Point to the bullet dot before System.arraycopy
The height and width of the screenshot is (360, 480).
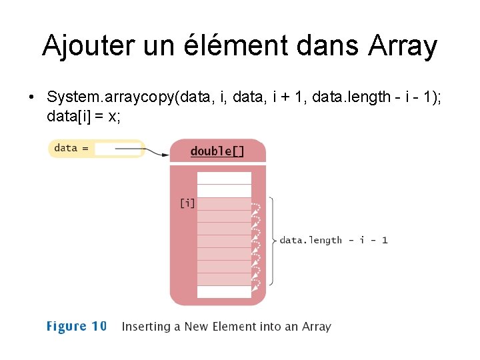point(32,97)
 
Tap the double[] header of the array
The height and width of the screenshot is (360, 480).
point(217,151)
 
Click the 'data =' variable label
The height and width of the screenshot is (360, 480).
point(71,148)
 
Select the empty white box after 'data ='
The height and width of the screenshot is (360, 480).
point(117,149)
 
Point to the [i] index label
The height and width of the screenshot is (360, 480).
point(187,203)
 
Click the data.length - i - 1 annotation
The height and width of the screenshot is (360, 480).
point(333,240)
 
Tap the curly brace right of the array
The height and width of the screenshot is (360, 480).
point(272,240)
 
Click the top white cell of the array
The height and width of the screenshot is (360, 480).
point(224,178)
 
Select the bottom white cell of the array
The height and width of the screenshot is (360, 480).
point(224,292)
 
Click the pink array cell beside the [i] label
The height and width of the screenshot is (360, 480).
point(224,204)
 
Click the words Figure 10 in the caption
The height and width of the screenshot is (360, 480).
point(76,326)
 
